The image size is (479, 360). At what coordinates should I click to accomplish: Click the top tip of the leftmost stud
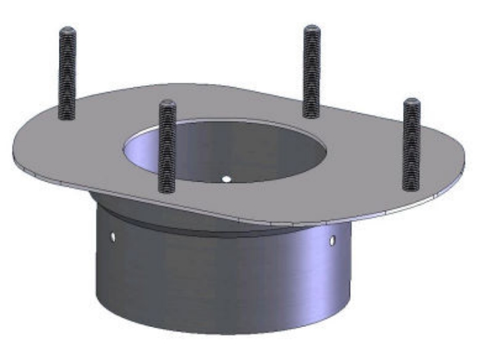(x=68, y=30)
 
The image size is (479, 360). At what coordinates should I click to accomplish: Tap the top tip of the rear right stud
(x=312, y=29)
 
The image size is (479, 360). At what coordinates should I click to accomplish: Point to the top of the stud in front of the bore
(x=167, y=104)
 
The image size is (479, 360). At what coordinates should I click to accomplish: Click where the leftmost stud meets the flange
(x=67, y=117)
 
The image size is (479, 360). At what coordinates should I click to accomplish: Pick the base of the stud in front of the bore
(x=167, y=190)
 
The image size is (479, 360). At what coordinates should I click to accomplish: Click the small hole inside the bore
(x=226, y=178)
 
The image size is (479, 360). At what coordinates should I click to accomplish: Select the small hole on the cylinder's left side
(x=113, y=235)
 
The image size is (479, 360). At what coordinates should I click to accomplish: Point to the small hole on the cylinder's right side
(x=332, y=238)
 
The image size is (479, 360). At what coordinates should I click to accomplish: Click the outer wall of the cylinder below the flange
(x=218, y=277)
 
